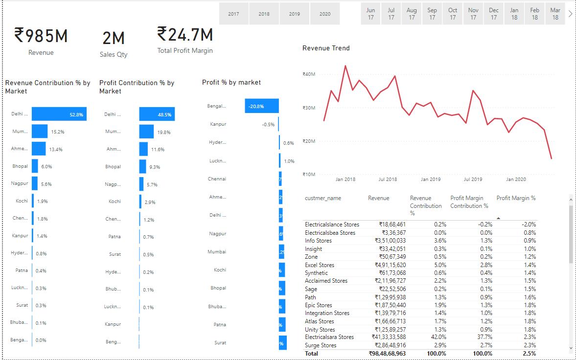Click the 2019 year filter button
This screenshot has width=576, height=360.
(294, 14)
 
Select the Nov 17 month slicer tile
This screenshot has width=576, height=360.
(473, 14)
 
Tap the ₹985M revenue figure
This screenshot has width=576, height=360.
(41, 36)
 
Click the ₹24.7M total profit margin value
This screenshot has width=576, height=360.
(185, 35)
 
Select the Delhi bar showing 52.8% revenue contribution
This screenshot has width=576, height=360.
(59, 114)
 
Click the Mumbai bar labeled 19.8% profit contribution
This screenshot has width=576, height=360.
(146, 132)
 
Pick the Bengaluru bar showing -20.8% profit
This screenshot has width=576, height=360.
(262, 106)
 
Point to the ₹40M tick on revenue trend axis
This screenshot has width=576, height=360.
(309, 74)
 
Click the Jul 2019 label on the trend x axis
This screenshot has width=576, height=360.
(473, 180)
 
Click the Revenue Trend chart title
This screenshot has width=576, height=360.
(326, 48)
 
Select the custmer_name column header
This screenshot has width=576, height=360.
(323, 198)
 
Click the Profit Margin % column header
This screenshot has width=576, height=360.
(516, 198)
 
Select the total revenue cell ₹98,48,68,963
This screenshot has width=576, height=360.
(387, 353)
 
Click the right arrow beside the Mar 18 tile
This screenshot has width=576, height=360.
(570, 14)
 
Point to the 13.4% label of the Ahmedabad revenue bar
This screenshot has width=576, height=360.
(56, 149)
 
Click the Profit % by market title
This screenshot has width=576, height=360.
(231, 83)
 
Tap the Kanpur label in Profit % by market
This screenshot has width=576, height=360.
(218, 124)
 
